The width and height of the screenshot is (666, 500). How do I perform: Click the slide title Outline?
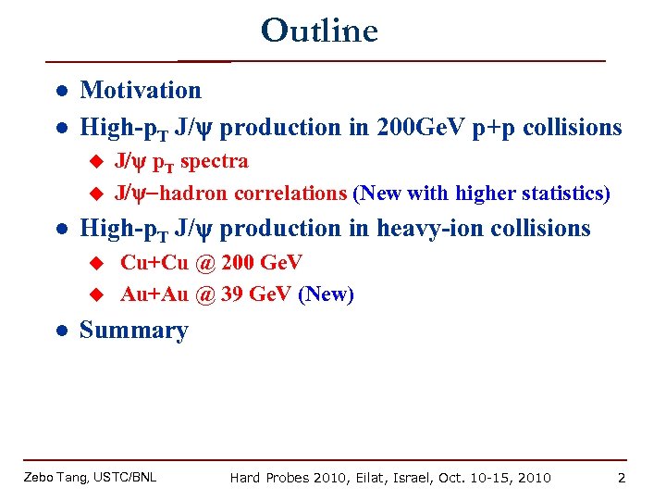pyautogui.click(x=319, y=31)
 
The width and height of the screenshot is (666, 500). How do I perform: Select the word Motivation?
pyautogui.click(x=141, y=90)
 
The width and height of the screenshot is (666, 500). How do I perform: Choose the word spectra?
pyautogui.click(x=214, y=161)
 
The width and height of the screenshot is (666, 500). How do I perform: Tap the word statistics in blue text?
pyautogui.click(x=561, y=194)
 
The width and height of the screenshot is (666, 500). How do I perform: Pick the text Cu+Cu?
pyautogui.click(x=154, y=262)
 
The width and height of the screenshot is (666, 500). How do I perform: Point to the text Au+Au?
pyautogui.click(x=154, y=294)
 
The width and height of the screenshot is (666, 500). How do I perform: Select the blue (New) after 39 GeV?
pyautogui.click(x=326, y=294)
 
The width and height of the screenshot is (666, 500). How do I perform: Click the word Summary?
pyautogui.click(x=134, y=331)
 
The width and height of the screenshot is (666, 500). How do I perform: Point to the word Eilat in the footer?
pyautogui.click(x=374, y=477)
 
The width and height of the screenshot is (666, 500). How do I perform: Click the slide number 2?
pyautogui.click(x=622, y=477)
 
